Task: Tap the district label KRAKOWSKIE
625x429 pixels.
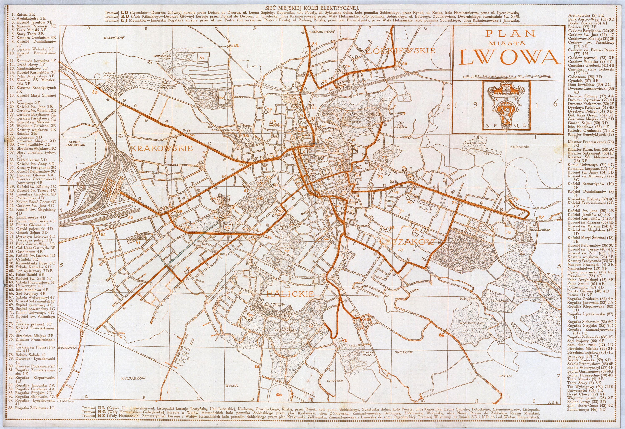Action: click(162, 148)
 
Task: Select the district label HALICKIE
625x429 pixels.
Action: click(290, 294)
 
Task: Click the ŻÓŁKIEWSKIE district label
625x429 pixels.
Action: click(401, 51)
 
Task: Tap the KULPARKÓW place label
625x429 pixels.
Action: click(133, 378)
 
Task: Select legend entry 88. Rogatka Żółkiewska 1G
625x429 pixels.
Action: click(34, 408)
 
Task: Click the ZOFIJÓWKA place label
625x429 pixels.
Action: click(335, 381)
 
